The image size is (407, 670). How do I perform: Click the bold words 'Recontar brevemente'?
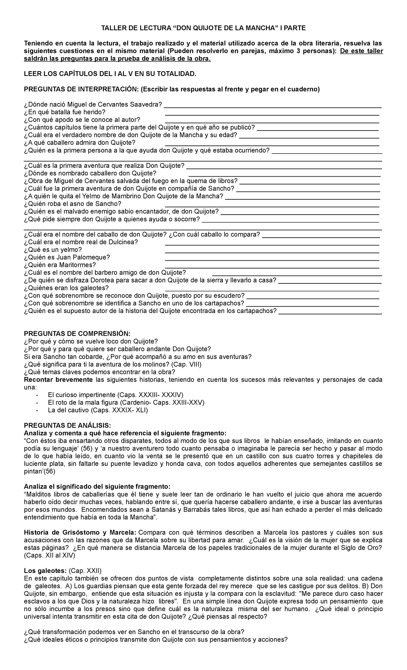[58, 380]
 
